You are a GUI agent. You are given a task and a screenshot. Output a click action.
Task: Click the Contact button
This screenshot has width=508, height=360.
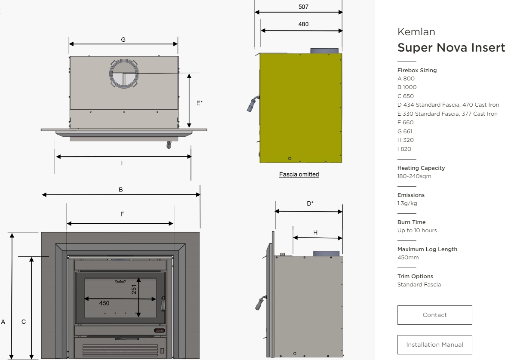(434, 315)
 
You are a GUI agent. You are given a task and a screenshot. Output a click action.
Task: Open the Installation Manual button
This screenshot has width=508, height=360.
(434, 345)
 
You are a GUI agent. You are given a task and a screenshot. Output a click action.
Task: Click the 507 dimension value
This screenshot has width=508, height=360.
(303, 7)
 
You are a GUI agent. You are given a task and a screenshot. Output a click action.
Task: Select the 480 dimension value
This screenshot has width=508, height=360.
(303, 25)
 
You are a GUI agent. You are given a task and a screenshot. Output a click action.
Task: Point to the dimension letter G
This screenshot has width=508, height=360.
(123, 40)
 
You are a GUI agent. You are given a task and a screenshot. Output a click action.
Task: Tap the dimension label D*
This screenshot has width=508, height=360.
(310, 203)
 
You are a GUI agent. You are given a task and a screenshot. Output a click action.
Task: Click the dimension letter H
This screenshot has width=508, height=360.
(315, 232)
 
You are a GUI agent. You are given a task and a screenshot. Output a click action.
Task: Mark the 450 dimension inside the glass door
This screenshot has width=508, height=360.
(104, 303)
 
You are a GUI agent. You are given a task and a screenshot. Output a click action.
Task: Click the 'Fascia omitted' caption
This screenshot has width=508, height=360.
(299, 175)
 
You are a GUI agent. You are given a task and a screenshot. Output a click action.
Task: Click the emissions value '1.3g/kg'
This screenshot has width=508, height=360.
(407, 203)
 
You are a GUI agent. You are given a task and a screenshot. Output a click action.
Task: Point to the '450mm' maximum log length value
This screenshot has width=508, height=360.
(408, 257)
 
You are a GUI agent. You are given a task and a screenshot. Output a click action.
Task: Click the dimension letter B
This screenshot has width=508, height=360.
(121, 189)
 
